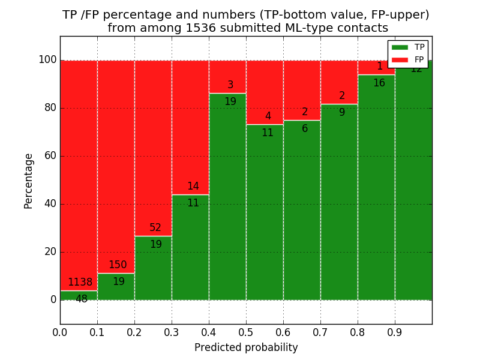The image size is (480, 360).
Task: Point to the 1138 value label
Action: click(x=80, y=283)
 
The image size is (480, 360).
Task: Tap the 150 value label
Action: click(x=118, y=265)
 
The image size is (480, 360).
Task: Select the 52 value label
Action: click(x=155, y=228)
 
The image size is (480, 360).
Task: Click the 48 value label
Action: click(x=81, y=299)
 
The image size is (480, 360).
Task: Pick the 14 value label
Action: click(x=193, y=187)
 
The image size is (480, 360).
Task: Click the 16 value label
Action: click(x=379, y=83)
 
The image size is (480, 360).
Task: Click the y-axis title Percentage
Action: click(x=29, y=181)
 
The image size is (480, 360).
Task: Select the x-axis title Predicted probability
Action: click(x=246, y=348)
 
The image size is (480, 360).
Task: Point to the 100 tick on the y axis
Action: click(x=47, y=60)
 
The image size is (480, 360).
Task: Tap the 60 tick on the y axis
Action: click(x=50, y=156)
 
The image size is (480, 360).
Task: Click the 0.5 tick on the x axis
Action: click(x=246, y=331)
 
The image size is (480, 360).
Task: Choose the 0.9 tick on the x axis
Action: click(x=395, y=331)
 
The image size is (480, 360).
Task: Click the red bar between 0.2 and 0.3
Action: click(x=153, y=144)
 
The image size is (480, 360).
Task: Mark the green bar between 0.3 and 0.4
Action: click(x=190, y=252)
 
